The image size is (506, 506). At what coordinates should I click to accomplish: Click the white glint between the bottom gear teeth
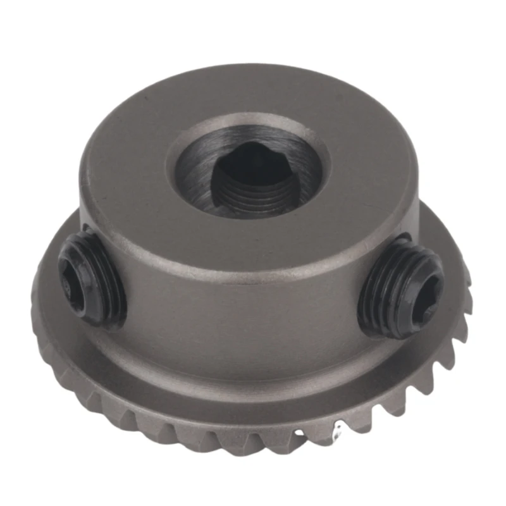(337, 433)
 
